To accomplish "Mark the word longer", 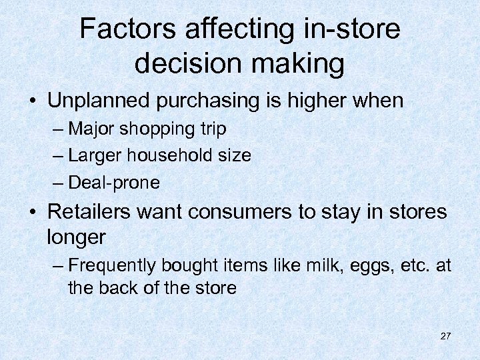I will coord(77,237).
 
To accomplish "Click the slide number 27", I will coord(445,336).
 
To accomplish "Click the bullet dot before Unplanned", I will coord(32,101).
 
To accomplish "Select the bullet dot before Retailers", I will coord(32,212).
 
